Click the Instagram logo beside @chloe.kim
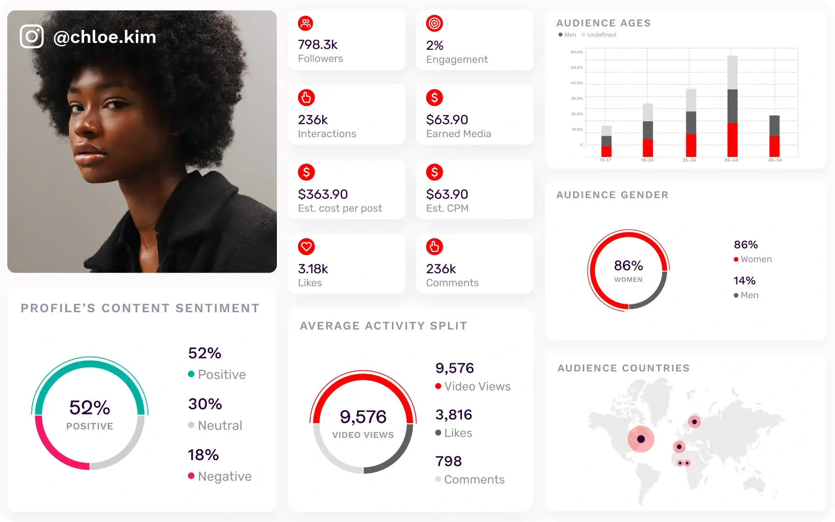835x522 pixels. (x=32, y=37)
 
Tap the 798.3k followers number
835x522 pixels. (x=317, y=44)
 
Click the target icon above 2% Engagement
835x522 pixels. (x=434, y=23)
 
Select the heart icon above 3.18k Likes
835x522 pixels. (x=306, y=246)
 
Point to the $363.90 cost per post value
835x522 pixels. (x=323, y=194)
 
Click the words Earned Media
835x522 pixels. (x=459, y=134)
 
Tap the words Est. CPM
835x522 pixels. (x=447, y=208)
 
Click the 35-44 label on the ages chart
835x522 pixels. (x=731, y=160)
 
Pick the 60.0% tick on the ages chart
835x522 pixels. (x=576, y=52)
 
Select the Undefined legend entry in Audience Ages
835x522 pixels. (x=601, y=35)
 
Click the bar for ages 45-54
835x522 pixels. (x=774, y=136)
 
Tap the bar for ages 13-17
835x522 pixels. (x=606, y=141)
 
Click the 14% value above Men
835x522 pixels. (x=744, y=281)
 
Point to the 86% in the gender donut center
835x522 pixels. (x=628, y=265)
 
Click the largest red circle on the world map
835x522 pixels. (x=641, y=439)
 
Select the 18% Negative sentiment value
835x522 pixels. (x=203, y=455)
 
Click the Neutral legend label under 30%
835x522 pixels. (x=220, y=425)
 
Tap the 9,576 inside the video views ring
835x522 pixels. (x=363, y=417)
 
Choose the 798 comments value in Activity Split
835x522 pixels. (x=448, y=461)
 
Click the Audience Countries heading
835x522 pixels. (x=623, y=368)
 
